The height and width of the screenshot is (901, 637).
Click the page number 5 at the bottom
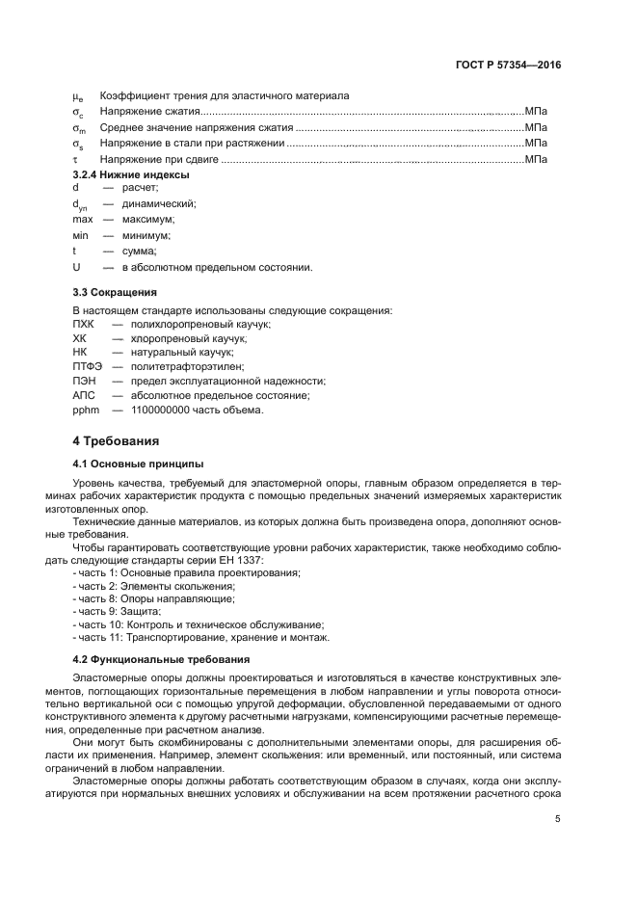(558, 819)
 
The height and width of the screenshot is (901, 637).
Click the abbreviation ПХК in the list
(83, 325)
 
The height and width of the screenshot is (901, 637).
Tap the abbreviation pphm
(86, 410)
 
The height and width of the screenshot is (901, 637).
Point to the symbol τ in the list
(75, 159)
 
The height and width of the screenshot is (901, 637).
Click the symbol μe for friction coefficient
(78, 96)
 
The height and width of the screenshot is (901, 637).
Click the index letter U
(76, 266)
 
